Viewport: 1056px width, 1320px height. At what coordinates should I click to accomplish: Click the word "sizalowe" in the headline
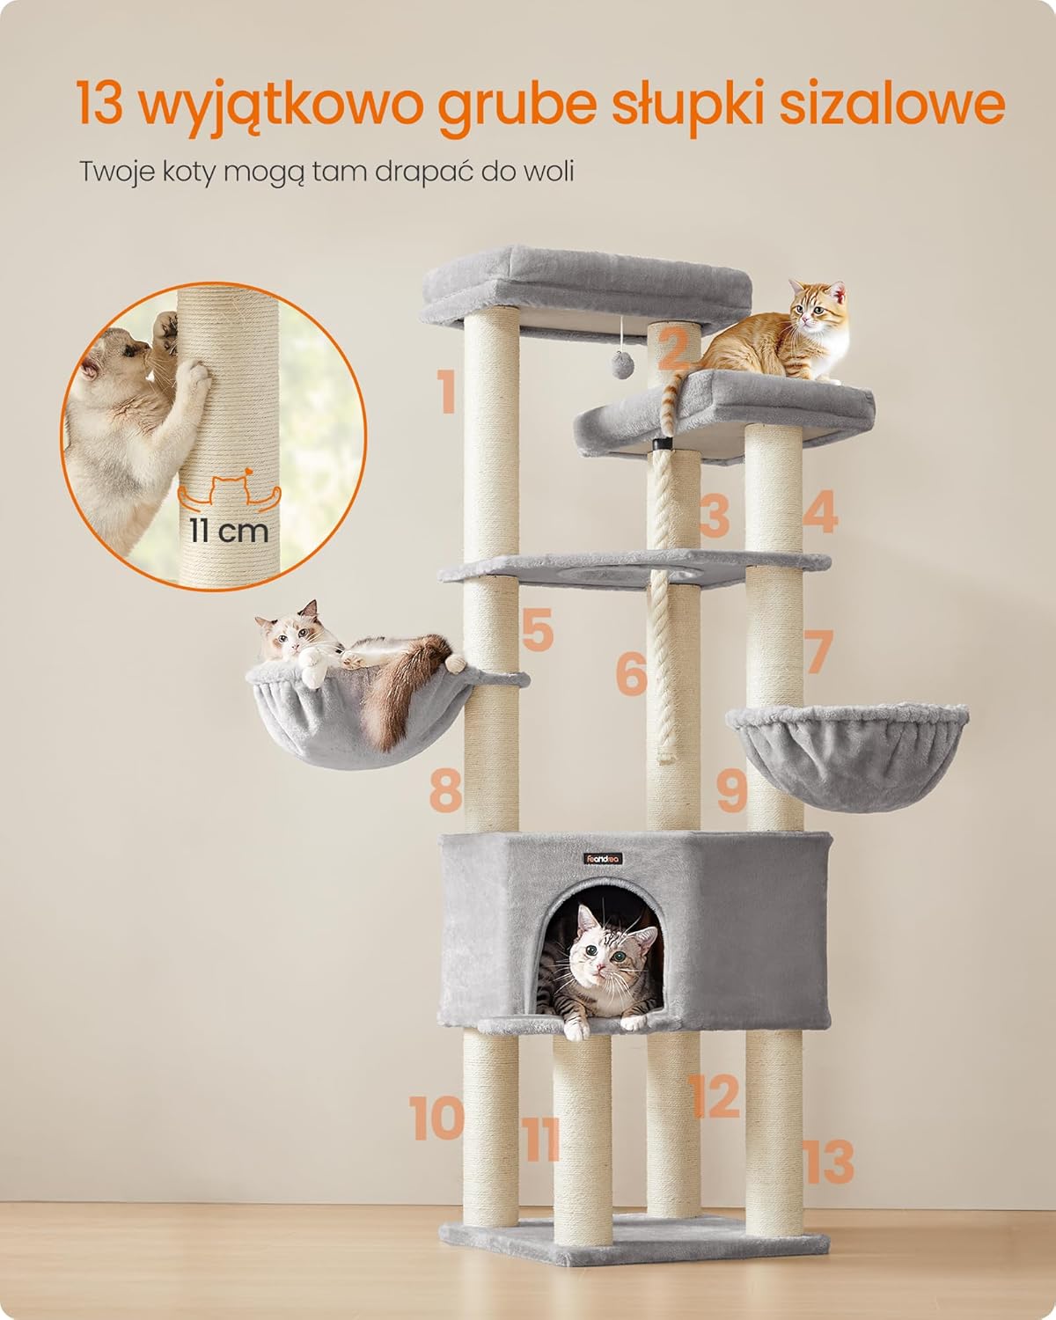click(x=891, y=103)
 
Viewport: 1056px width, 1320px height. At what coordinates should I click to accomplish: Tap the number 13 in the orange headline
click(x=100, y=104)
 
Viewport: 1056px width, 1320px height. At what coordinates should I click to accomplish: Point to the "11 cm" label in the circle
click(x=228, y=532)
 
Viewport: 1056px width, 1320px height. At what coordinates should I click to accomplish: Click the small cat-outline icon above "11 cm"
click(x=229, y=490)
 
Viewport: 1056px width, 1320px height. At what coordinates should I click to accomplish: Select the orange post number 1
click(x=446, y=392)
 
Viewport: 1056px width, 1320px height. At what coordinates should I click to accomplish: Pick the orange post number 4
click(x=820, y=511)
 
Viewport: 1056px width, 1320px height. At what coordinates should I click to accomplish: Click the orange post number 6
click(x=631, y=673)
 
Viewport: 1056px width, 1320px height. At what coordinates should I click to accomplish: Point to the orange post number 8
click(x=445, y=789)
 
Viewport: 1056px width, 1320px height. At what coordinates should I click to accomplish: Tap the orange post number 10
click(x=436, y=1118)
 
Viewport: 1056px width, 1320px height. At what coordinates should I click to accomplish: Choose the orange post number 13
click(x=829, y=1161)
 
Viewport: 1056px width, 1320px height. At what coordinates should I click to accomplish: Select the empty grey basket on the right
click(x=847, y=757)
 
